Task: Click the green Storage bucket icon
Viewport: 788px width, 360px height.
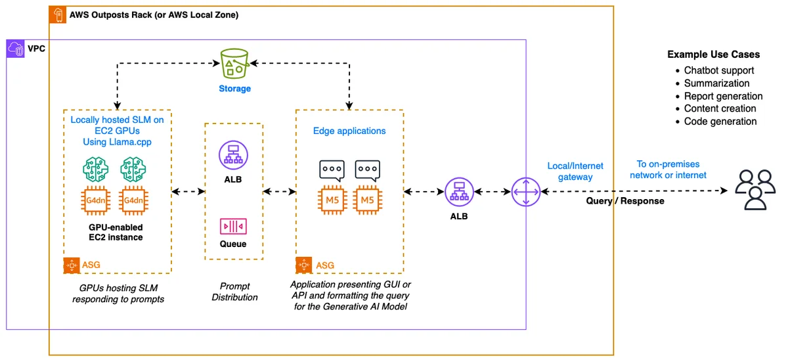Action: pyautogui.click(x=234, y=64)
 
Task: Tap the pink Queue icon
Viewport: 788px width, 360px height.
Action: pyautogui.click(x=233, y=226)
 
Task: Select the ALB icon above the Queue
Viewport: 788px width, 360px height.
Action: pyautogui.click(x=233, y=155)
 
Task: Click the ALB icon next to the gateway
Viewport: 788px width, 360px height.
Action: pyautogui.click(x=459, y=192)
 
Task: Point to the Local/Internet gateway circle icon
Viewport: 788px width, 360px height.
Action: pyautogui.click(x=526, y=192)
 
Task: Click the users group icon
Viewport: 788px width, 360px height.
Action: pyautogui.click(x=755, y=190)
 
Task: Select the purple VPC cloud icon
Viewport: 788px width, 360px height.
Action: pyautogui.click(x=16, y=49)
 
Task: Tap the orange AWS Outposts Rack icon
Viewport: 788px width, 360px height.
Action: pyautogui.click(x=58, y=14)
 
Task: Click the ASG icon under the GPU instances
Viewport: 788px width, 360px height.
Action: pyautogui.click(x=72, y=265)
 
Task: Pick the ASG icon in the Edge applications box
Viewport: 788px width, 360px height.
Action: pyautogui.click(x=304, y=265)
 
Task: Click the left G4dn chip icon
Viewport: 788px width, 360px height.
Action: pyautogui.click(x=96, y=200)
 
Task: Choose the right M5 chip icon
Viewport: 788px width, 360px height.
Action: pyautogui.click(x=368, y=200)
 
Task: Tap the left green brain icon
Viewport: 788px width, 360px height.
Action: pyautogui.click(x=96, y=169)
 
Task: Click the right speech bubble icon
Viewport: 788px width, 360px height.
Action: pyautogui.click(x=368, y=170)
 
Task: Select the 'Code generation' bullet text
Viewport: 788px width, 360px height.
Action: pyautogui.click(x=720, y=122)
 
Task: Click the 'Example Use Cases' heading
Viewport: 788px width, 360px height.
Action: pyautogui.click(x=713, y=55)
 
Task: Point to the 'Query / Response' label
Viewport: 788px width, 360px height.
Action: pyautogui.click(x=625, y=201)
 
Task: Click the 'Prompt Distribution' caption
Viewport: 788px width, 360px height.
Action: pyautogui.click(x=234, y=292)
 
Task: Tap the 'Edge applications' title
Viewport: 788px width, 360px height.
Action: pyautogui.click(x=349, y=131)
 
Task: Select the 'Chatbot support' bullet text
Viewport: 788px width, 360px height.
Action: pyautogui.click(x=718, y=70)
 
